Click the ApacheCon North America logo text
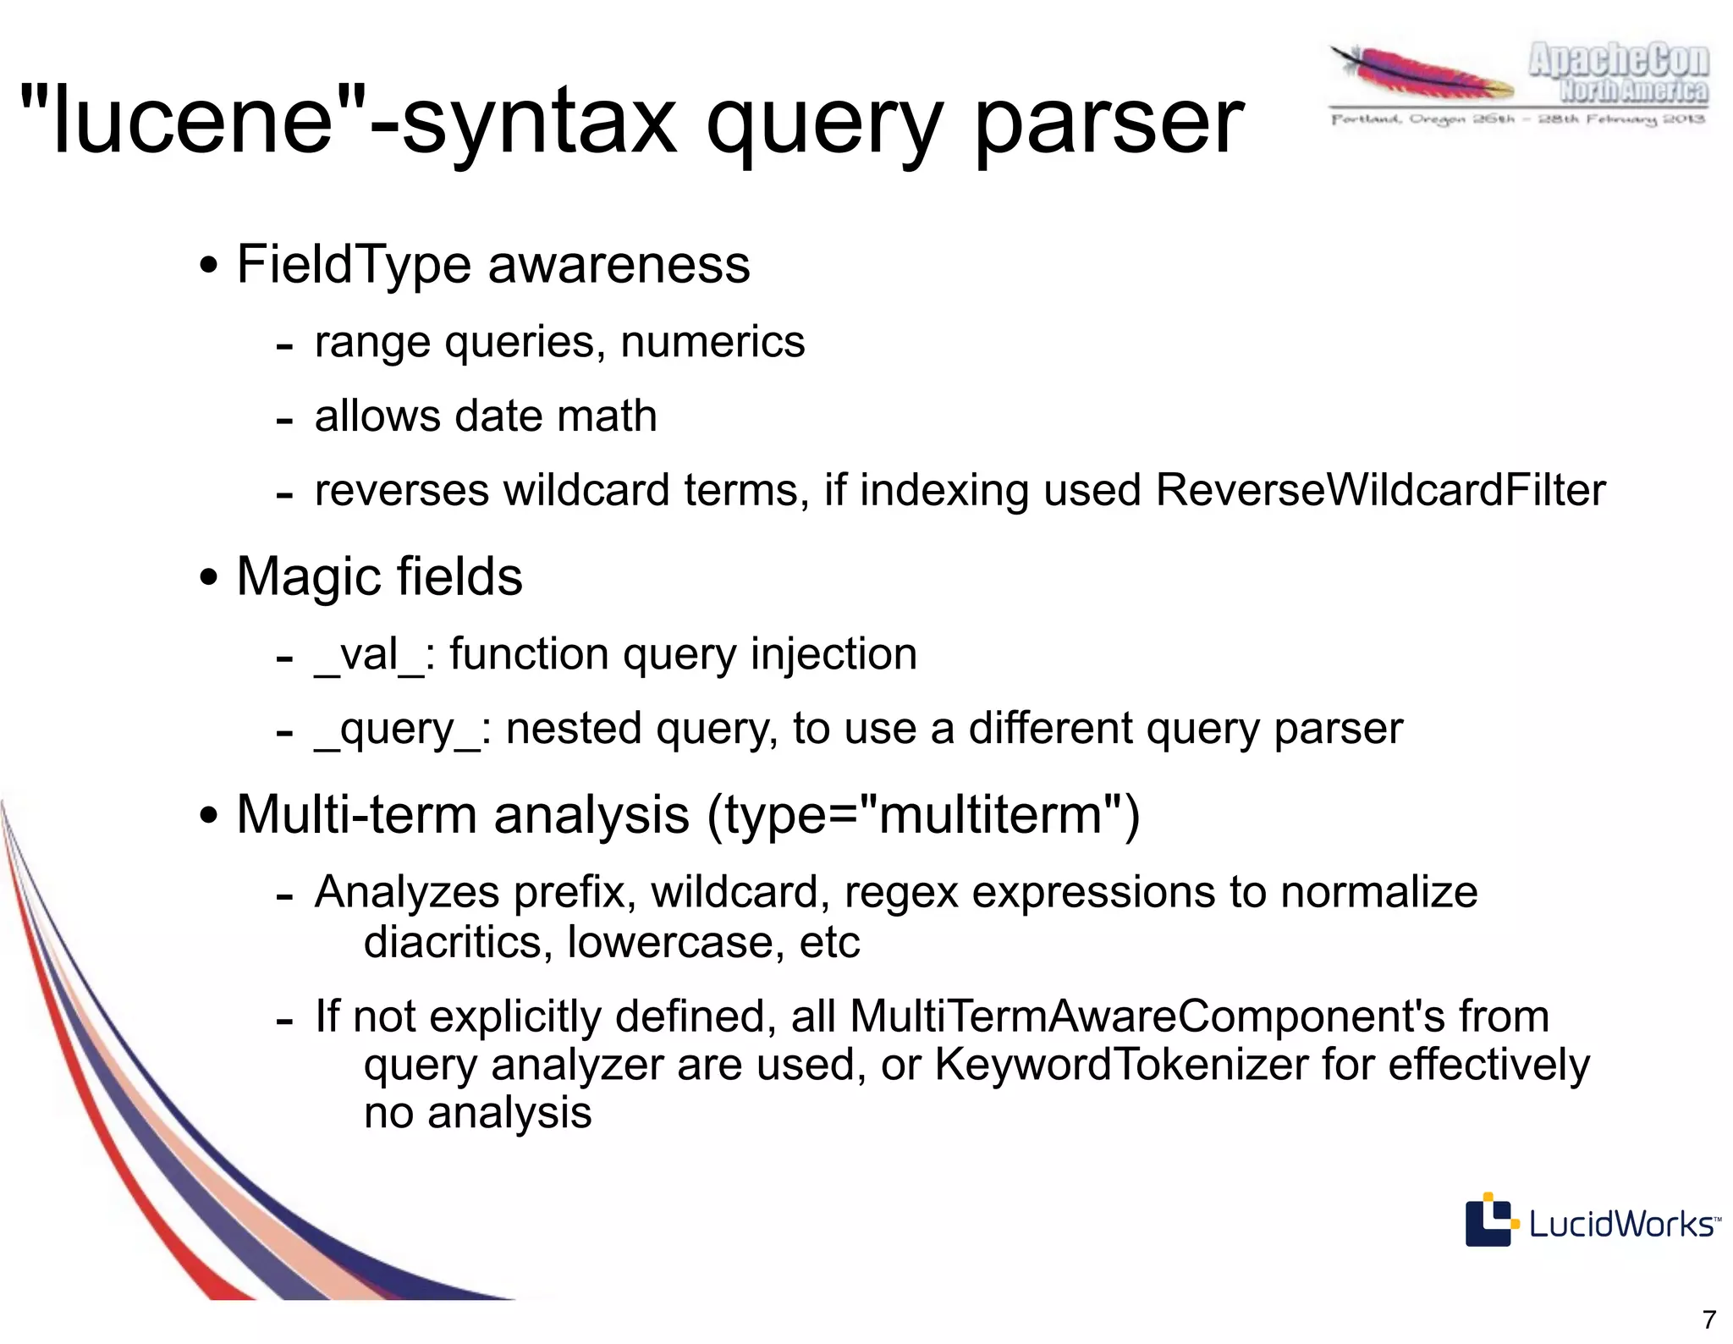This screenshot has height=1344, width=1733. click(1618, 74)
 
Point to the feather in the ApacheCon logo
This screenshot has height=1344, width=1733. click(1422, 74)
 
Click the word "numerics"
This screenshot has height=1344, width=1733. click(712, 343)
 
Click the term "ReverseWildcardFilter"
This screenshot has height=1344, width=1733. click(1380, 490)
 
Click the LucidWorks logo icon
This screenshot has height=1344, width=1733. click(1488, 1220)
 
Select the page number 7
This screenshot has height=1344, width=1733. click(1709, 1319)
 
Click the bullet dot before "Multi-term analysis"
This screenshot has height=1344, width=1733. click(208, 817)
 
